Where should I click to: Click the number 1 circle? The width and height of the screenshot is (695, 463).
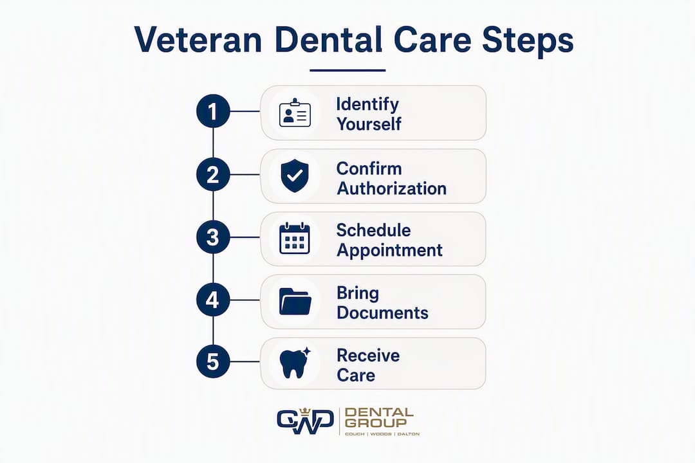pyautogui.click(x=213, y=111)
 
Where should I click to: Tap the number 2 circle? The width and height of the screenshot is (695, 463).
pyautogui.click(x=213, y=174)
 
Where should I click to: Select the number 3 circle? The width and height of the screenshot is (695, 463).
pyautogui.click(x=213, y=237)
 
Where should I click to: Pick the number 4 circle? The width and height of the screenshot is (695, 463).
pyautogui.click(x=213, y=300)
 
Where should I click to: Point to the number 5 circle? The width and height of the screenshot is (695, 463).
pyautogui.click(x=213, y=361)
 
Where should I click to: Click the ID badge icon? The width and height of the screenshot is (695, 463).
pyautogui.click(x=295, y=113)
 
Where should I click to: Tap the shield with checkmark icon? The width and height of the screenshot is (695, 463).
pyautogui.click(x=295, y=176)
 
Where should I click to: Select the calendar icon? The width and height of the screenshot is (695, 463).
pyautogui.click(x=295, y=239)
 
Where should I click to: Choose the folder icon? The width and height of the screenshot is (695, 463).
pyautogui.click(x=295, y=302)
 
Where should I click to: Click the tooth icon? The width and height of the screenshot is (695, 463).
pyautogui.click(x=295, y=363)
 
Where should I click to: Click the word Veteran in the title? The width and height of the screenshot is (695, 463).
pyautogui.click(x=198, y=40)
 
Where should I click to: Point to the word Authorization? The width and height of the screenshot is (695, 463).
pyautogui.click(x=392, y=188)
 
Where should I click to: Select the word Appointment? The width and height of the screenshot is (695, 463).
pyautogui.click(x=389, y=251)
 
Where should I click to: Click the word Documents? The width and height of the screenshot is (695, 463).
pyautogui.click(x=382, y=313)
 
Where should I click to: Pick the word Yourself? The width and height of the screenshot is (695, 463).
pyautogui.click(x=369, y=124)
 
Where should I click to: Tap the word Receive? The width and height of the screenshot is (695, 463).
pyautogui.click(x=368, y=356)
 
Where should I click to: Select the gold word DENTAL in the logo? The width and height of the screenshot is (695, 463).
pyautogui.click(x=379, y=413)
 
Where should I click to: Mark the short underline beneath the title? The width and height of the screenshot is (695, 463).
pyautogui.click(x=347, y=70)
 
